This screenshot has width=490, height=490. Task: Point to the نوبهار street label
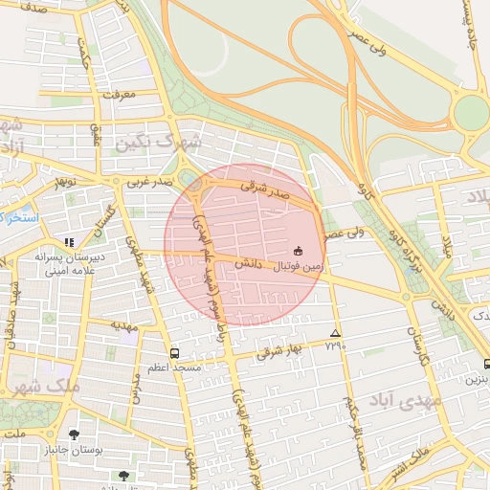(x=63, y=180)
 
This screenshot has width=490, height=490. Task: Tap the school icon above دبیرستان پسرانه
(x=68, y=242)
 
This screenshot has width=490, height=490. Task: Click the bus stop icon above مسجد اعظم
(x=173, y=352)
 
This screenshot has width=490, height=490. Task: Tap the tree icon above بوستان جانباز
(x=75, y=434)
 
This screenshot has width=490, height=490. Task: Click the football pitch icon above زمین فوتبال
(x=298, y=250)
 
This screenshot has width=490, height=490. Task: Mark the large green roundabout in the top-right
(x=470, y=114)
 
